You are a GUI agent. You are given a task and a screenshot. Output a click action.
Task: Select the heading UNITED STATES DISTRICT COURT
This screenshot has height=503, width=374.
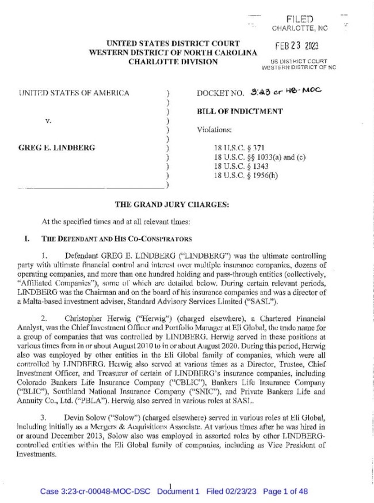173,44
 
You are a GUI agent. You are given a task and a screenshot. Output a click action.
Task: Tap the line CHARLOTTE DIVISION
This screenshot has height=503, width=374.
173,62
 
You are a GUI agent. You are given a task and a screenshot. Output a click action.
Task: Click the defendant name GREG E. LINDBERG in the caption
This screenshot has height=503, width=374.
56,148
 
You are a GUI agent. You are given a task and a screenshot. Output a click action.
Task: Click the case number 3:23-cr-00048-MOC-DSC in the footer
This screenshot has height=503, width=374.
95,491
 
